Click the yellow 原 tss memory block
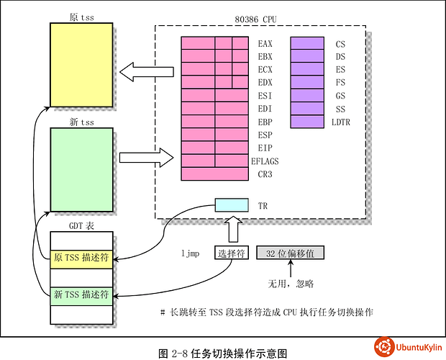[x=81, y=66]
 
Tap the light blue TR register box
[x=231, y=205]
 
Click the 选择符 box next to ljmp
[x=231, y=253]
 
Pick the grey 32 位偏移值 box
[x=291, y=253]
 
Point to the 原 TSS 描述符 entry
[x=81, y=259]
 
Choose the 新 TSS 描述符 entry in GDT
[x=81, y=294]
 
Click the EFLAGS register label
[x=264, y=161]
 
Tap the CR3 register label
[x=264, y=174]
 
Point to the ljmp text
[x=191, y=253]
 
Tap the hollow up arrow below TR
[x=231, y=230]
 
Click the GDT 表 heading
[x=81, y=225]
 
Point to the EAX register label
[x=264, y=44]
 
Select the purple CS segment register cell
[x=307, y=44]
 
